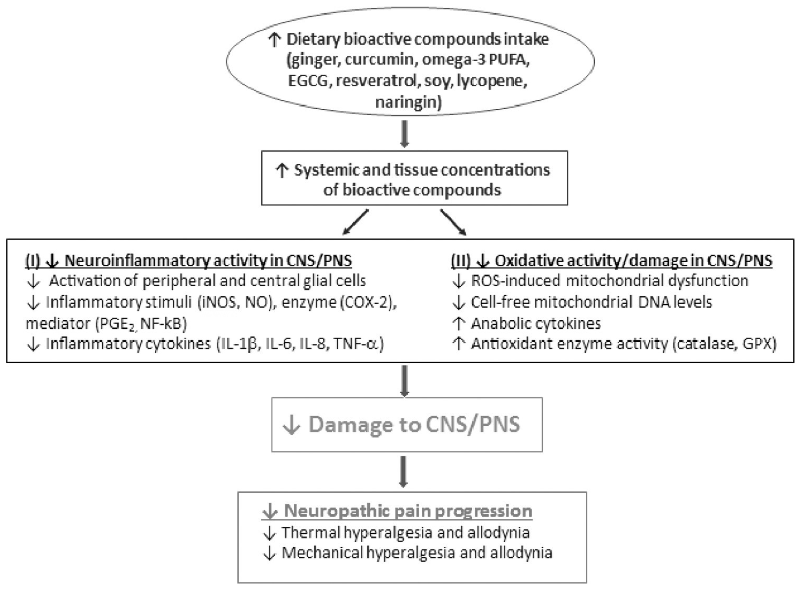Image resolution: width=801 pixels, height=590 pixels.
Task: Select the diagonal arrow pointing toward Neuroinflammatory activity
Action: [355, 222]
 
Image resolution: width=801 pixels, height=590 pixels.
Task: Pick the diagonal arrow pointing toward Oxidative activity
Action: [453, 222]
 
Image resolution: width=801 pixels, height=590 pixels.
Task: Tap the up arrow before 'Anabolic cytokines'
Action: [458, 323]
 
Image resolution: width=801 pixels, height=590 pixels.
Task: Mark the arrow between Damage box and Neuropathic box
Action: [403, 471]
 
